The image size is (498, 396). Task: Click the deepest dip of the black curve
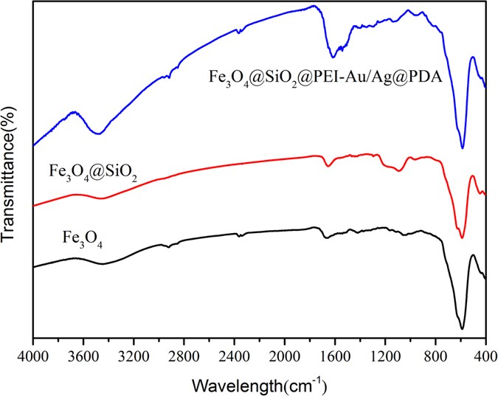(x=462, y=329)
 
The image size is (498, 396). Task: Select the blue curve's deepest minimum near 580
(x=462, y=147)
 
